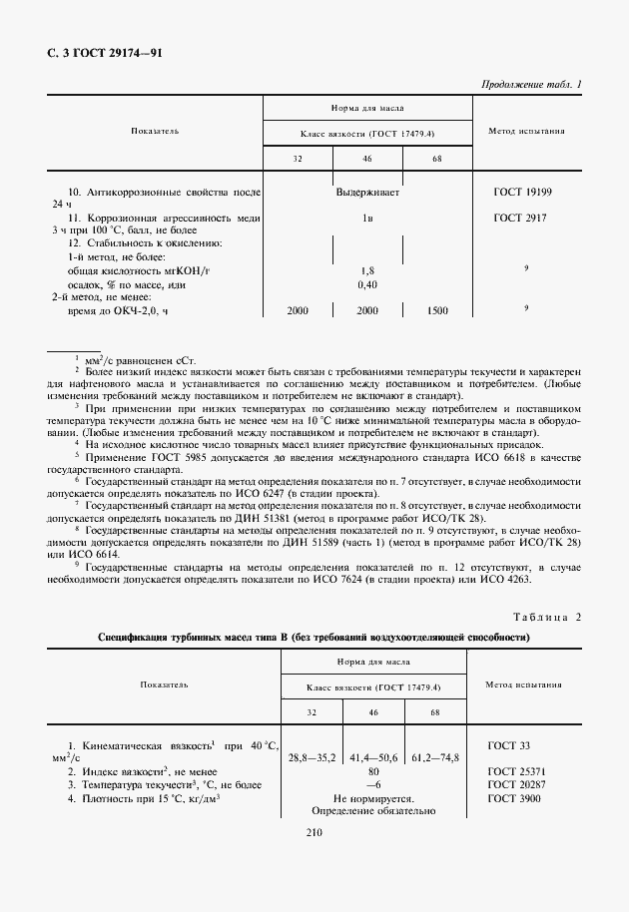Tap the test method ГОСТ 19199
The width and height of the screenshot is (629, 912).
[522, 190]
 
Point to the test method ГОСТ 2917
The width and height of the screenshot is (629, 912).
[519, 217]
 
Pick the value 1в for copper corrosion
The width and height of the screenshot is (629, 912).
[366, 217]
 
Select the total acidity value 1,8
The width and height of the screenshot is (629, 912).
[366, 270]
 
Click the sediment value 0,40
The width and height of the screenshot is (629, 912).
[366, 284]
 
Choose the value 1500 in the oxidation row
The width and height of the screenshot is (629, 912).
[436, 311]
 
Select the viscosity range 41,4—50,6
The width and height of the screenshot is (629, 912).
[375, 758]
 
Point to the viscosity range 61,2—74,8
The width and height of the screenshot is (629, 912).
[435, 758]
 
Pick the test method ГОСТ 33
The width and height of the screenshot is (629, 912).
[510, 745]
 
